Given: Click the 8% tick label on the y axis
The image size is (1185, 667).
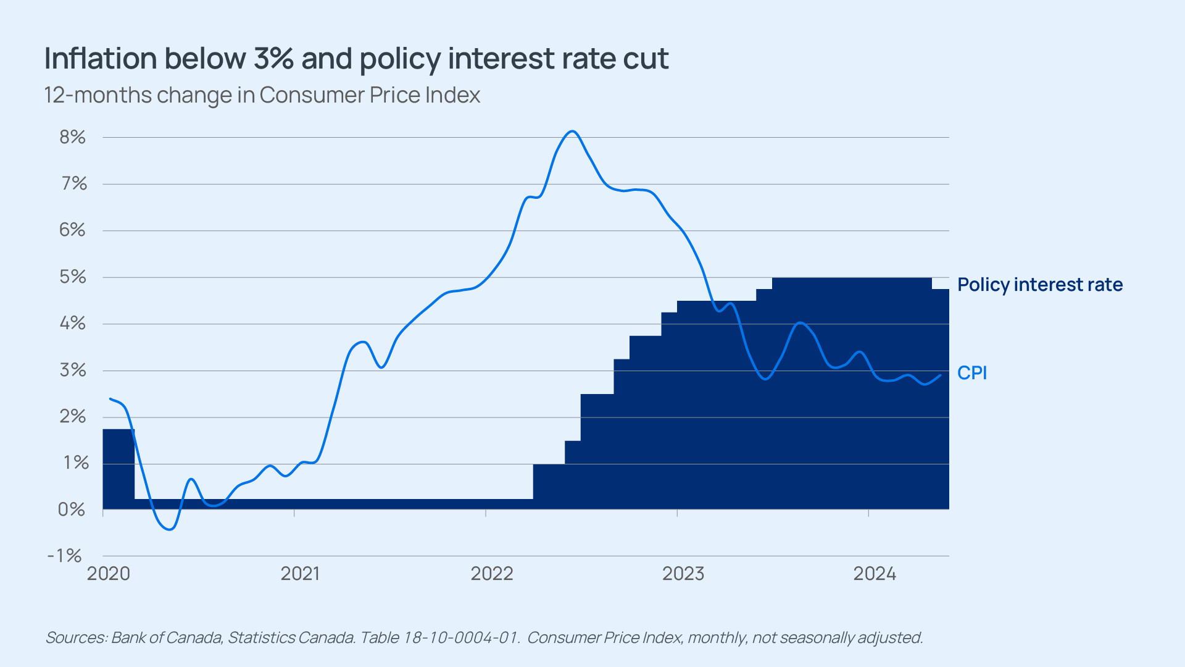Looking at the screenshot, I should [x=72, y=137].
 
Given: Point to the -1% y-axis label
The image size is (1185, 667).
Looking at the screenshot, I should [x=65, y=556].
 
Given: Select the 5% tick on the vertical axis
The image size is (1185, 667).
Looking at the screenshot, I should [x=72, y=277].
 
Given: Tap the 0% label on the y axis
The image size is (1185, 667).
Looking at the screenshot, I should [x=72, y=510].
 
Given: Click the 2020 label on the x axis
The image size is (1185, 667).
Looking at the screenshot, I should [x=109, y=574].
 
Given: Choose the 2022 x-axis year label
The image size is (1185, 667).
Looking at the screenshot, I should [x=492, y=574].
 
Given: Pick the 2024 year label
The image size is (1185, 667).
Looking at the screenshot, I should [x=875, y=574].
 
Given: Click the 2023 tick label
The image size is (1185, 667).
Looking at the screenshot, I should [x=683, y=574].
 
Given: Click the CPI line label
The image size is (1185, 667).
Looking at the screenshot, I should [x=972, y=373].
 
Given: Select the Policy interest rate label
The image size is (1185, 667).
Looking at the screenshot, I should [x=1040, y=285].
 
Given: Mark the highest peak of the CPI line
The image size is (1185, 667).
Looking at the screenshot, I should [x=572, y=131].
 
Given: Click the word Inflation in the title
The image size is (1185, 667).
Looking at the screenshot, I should [x=101, y=59].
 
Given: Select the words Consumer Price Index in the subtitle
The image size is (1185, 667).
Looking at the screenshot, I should [x=370, y=95].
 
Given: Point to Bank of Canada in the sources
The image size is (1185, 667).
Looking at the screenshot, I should [x=167, y=637].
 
